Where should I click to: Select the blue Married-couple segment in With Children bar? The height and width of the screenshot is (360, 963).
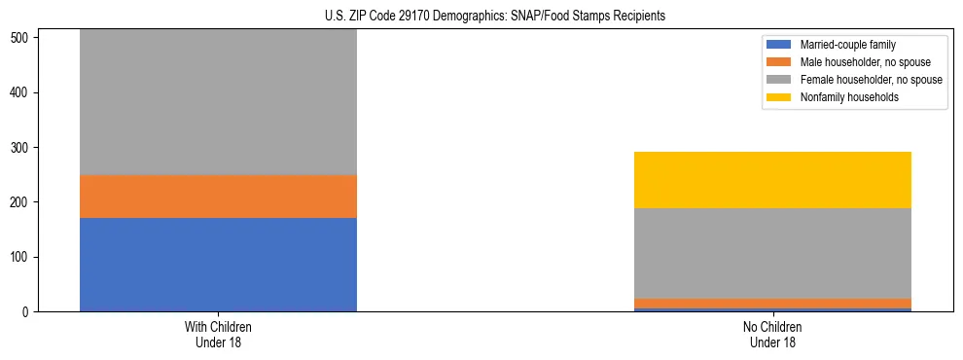click(x=218, y=265)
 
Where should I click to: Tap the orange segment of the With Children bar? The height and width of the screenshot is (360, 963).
click(x=218, y=197)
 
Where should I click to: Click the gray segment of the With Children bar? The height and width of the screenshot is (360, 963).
click(x=218, y=102)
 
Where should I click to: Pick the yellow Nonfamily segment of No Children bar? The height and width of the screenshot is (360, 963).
click(x=772, y=180)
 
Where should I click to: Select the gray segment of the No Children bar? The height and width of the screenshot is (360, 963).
click(x=772, y=253)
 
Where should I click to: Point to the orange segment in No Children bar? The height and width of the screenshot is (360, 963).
click(x=772, y=304)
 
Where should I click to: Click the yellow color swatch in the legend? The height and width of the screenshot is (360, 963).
click(x=779, y=97)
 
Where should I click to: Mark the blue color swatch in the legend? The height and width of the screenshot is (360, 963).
click(x=779, y=45)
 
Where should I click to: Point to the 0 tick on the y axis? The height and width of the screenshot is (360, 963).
click(x=26, y=312)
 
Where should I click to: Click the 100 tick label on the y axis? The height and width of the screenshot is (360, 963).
click(x=20, y=258)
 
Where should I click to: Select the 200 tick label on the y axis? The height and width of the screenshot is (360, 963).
click(x=20, y=202)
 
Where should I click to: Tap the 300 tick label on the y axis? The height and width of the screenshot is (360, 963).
click(x=20, y=148)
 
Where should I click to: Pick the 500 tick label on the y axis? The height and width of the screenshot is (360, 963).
click(x=20, y=38)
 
